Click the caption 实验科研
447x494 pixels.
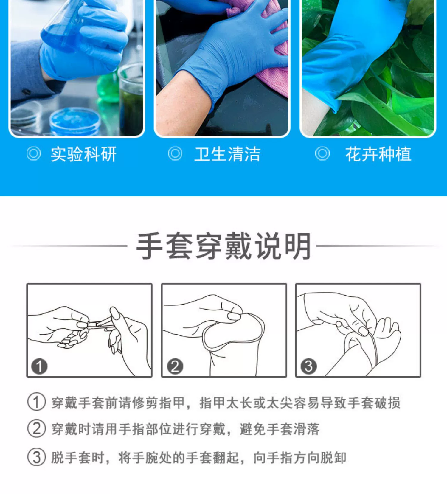[83, 154]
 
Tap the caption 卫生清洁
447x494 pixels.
[227, 154]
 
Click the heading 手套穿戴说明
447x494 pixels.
[224, 246]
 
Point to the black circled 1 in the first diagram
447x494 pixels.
[39, 366]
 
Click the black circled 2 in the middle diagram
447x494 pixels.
[175, 366]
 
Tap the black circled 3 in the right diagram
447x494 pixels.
[308, 366]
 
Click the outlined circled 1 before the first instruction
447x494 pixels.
[37, 402]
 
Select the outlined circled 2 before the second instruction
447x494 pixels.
[37, 429]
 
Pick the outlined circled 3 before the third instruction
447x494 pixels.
[37, 457]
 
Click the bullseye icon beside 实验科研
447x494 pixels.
[34, 154]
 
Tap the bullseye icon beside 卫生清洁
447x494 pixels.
[175, 154]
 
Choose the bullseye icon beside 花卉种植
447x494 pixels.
[322, 154]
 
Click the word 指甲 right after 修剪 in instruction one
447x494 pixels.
[173, 403]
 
